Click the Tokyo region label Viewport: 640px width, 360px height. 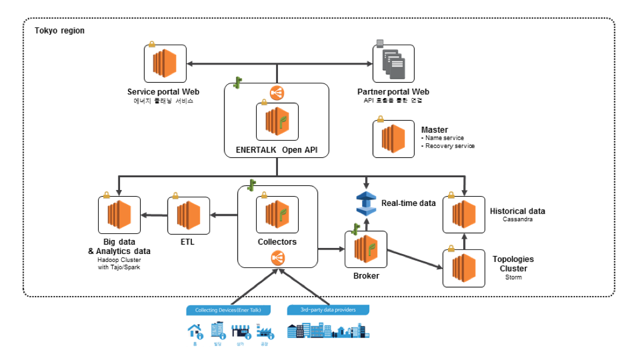[59, 30]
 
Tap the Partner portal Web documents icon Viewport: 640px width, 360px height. [393, 63]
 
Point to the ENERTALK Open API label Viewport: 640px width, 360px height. [277, 149]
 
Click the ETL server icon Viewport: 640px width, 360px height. [188, 214]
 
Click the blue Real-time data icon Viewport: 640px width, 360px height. [366, 203]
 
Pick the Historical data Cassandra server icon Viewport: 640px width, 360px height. [464, 214]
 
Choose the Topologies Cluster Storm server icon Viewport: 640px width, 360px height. [464, 266]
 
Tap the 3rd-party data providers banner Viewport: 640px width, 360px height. [328, 310]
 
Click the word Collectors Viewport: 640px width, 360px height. [277, 242]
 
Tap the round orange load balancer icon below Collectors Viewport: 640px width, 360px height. [277, 258]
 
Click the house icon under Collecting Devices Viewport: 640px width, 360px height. [195, 331]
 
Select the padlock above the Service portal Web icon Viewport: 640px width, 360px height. [151, 45]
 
